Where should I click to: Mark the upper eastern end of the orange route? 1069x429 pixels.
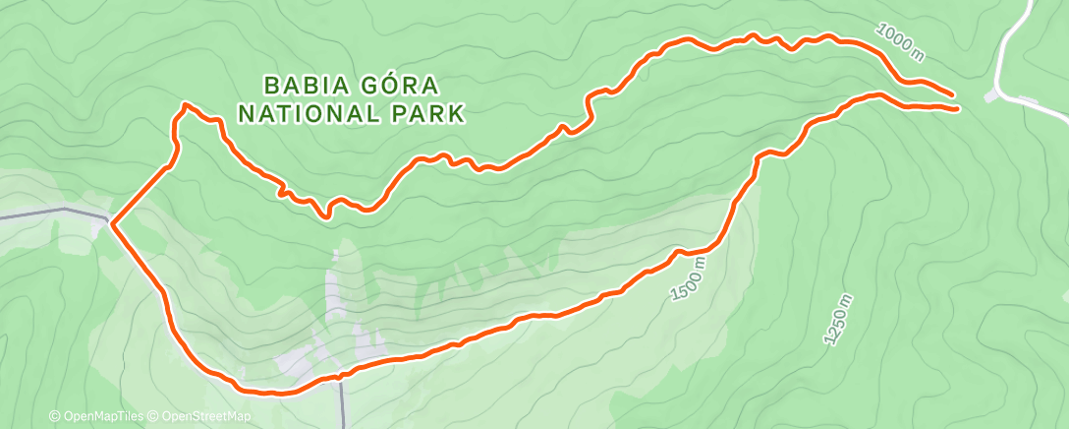point(952,95)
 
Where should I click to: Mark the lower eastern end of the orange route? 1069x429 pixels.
point(956,109)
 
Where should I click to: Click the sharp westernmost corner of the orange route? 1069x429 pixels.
point(112,224)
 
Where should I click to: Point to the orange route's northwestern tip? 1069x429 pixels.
point(185,103)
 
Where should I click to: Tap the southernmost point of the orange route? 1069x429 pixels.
point(275,394)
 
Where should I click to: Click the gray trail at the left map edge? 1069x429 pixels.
point(39,214)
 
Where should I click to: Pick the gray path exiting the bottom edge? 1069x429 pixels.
point(343,408)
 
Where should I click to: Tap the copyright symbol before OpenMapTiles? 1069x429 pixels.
point(54,416)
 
